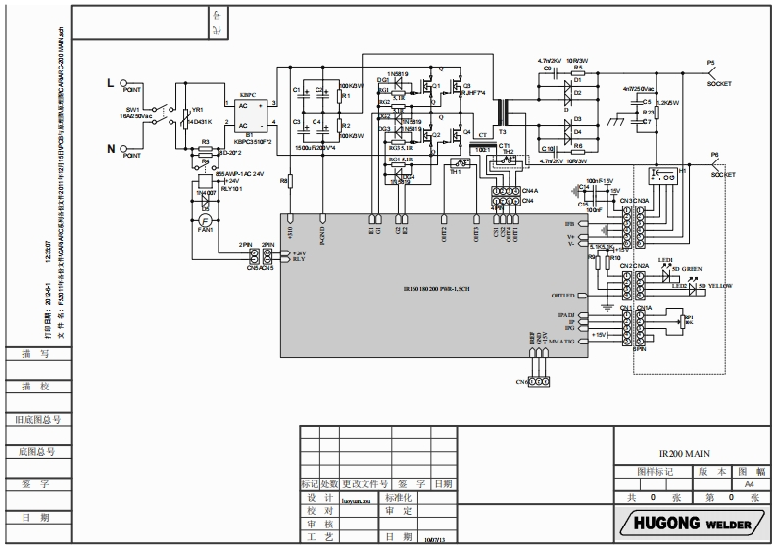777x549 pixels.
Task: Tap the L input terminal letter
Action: point(112,83)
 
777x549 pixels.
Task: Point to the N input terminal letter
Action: point(112,150)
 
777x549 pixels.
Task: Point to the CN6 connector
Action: point(537,380)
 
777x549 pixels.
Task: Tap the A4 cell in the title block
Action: point(750,483)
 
